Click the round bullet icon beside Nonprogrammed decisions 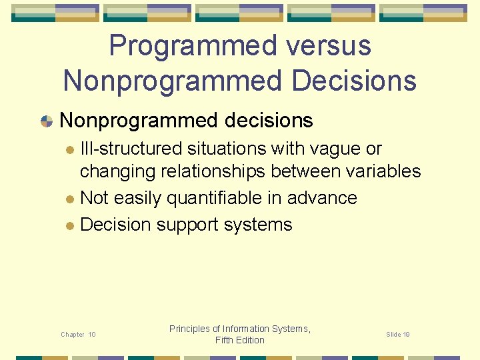pos(47,121)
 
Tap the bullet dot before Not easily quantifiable pos(70,199)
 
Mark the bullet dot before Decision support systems pos(70,225)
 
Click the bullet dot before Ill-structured pos(70,149)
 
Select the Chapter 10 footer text pos(78,334)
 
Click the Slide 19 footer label pos(397,334)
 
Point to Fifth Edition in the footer pos(240,340)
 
